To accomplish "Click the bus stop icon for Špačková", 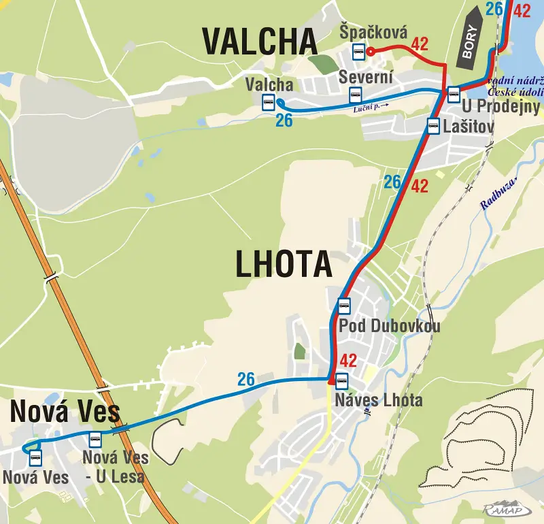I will click(x=358, y=51).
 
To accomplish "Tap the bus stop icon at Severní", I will click(x=354, y=95).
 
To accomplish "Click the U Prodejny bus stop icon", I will click(x=454, y=94).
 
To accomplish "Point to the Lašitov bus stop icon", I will click(x=433, y=125).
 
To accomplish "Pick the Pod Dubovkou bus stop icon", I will click(x=344, y=306).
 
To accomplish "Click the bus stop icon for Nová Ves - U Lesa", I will click(x=95, y=439).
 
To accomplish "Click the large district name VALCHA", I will click(x=260, y=42).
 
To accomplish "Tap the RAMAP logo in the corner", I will click(x=507, y=508).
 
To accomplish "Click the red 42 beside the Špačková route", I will click(x=420, y=44).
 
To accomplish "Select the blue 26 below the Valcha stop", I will click(x=284, y=120).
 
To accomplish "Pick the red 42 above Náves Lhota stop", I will click(x=348, y=361).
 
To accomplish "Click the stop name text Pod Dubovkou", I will click(x=389, y=326).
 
